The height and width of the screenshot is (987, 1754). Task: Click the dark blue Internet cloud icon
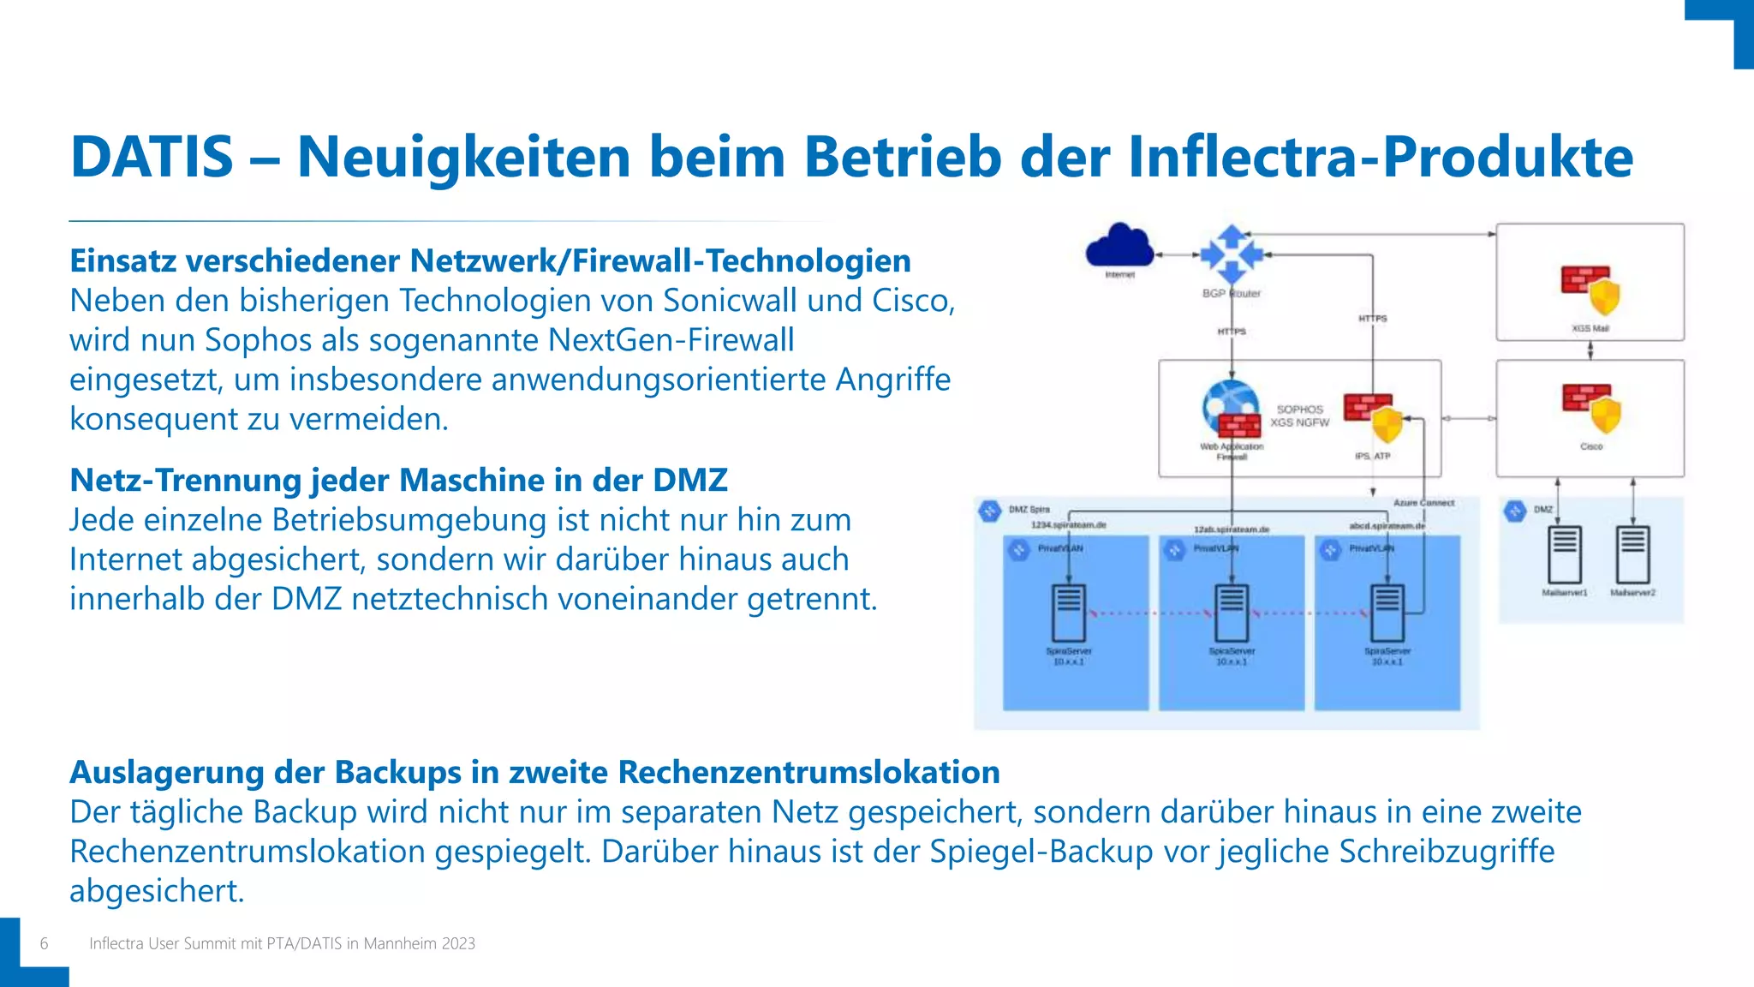coord(1119,247)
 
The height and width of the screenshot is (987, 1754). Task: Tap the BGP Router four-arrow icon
coord(1232,254)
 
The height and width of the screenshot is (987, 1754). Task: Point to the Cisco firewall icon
coord(1591,409)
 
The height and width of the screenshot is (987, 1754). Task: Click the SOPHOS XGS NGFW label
coord(1299,416)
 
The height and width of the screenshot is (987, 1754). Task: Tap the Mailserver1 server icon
coord(1565,554)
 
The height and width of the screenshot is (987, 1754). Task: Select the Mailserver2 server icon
coord(1632,554)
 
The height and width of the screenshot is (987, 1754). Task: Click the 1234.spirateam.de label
coord(1068,524)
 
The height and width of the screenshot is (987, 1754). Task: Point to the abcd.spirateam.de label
coord(1387,525)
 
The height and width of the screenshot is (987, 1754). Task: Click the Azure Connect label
coord(1423,503)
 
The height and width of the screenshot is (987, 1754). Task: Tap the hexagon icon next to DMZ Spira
coord(990,511)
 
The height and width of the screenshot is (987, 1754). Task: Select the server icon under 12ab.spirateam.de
coord(1232,612)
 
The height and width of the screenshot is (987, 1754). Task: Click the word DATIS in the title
coord(152,158)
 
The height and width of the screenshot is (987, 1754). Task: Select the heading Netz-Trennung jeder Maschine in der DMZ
coord(398,480)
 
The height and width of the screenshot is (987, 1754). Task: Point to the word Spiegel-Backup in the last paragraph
coord(1041,852)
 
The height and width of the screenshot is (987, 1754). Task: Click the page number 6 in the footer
coord(45,943)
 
